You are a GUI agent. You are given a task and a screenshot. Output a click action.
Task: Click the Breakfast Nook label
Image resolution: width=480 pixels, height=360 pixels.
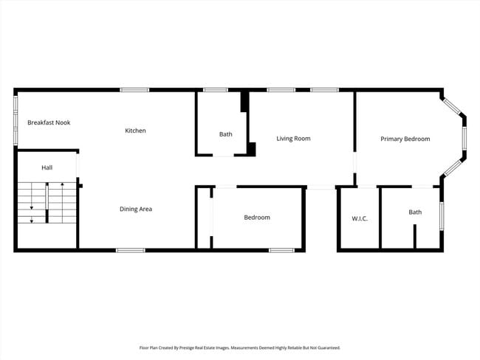[49, 122]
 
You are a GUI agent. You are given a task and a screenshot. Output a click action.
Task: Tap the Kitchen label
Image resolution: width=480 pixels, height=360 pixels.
[135, 131]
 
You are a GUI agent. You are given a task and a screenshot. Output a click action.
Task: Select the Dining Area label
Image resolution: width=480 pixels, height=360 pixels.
[136, 210]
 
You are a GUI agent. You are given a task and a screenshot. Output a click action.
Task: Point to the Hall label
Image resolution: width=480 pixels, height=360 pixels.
[47, 168]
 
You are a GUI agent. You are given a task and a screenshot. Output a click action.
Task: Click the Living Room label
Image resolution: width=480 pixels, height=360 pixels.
[293, 138]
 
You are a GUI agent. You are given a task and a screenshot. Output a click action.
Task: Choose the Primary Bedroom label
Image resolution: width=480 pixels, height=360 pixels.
[405, 139]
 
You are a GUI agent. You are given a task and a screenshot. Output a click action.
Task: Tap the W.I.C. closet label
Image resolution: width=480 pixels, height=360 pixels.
[360, 218]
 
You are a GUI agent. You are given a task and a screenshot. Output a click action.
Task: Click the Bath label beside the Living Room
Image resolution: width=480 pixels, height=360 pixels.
[225, 134]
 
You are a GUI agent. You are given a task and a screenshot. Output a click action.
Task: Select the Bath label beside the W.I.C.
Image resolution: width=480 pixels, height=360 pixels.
[415, 212]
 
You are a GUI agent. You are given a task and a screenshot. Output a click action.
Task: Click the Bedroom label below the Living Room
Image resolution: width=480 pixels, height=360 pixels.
[257, 218]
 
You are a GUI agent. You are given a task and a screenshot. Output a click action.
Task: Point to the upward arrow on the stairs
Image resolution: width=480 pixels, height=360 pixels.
[62, 184]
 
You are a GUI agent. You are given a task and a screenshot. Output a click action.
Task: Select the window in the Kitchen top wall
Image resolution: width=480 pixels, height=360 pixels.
[135, 90]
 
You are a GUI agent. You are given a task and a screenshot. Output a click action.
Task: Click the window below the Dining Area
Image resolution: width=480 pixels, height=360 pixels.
[130, 250]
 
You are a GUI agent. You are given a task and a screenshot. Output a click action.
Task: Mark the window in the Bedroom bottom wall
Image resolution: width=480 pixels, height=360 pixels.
[281, 250]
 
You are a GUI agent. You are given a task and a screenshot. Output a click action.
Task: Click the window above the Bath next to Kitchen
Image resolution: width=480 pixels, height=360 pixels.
[215, 90]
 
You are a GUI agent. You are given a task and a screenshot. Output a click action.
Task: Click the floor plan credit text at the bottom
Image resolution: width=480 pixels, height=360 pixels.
[239, 347]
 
